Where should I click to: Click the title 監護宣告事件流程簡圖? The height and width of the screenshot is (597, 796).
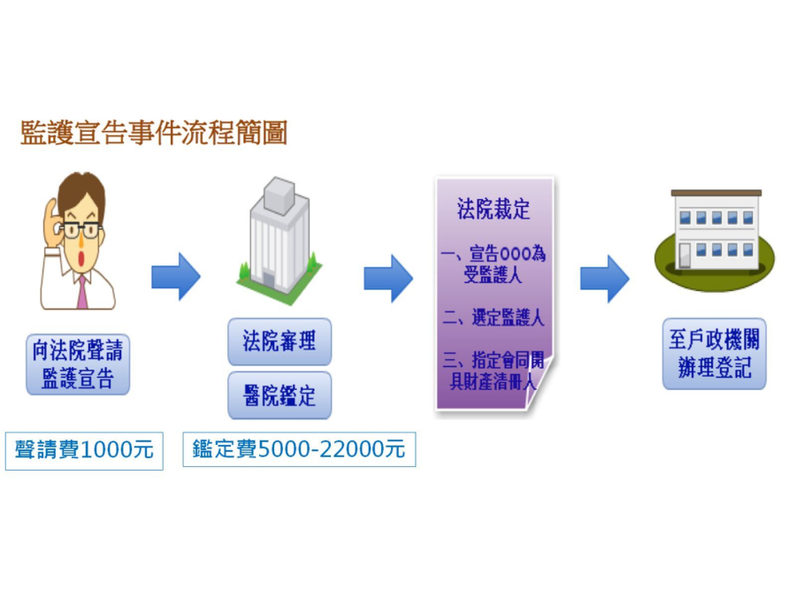154,134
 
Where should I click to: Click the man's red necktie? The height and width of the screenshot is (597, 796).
81,292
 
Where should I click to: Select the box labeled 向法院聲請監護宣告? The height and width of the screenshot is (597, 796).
78,364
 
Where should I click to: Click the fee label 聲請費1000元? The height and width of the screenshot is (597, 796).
84,450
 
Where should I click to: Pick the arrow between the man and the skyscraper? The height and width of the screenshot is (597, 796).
175,277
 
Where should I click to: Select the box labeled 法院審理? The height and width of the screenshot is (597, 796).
279,341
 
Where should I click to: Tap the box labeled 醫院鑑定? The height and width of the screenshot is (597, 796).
279,394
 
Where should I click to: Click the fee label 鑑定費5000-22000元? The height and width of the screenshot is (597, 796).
299,450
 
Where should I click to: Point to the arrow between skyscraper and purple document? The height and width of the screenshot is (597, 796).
387,278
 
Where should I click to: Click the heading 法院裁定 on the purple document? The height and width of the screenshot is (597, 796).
494,210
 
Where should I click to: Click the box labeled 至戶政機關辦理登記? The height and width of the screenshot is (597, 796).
715,355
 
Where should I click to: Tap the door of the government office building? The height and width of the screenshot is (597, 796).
685,256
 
